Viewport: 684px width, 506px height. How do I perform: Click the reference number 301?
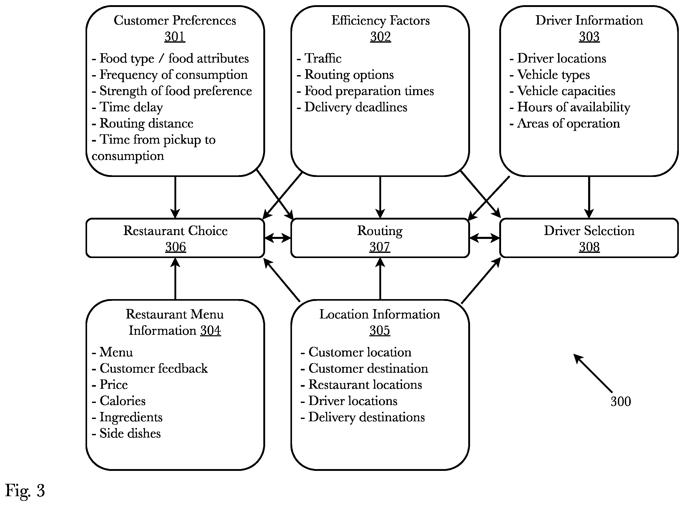click(x=175, y=37)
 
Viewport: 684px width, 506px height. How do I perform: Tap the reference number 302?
click(x=380, y=37)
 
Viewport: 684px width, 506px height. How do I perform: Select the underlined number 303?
click(x=589, y=37)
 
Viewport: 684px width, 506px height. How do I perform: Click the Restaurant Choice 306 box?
click(x=175, y=238)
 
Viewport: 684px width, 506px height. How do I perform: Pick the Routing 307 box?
click(x=380, y=238)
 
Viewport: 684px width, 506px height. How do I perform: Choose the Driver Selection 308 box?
click(x=589, y=238)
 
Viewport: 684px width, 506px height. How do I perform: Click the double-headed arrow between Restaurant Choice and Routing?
click(x=278, y=238)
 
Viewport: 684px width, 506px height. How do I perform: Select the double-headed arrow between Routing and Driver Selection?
click(x=485, y=238)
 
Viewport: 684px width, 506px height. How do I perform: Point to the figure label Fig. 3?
click(x=25, y=491)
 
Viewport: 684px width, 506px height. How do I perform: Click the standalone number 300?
click(x=621, y=402)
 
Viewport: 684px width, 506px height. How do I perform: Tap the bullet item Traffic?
click(x=319, y=58)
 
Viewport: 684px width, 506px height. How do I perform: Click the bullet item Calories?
click(x=119, y=401)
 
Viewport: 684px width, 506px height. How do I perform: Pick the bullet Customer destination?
click(x=364, y=369)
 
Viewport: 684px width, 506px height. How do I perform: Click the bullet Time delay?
click(x=127, y=107)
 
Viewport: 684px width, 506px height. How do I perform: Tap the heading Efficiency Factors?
click(x=381, y=20)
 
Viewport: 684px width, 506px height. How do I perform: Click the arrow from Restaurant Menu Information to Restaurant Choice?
click(x=175, y=279)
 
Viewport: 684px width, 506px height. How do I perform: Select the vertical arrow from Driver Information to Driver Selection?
click(x=589, y=197)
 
